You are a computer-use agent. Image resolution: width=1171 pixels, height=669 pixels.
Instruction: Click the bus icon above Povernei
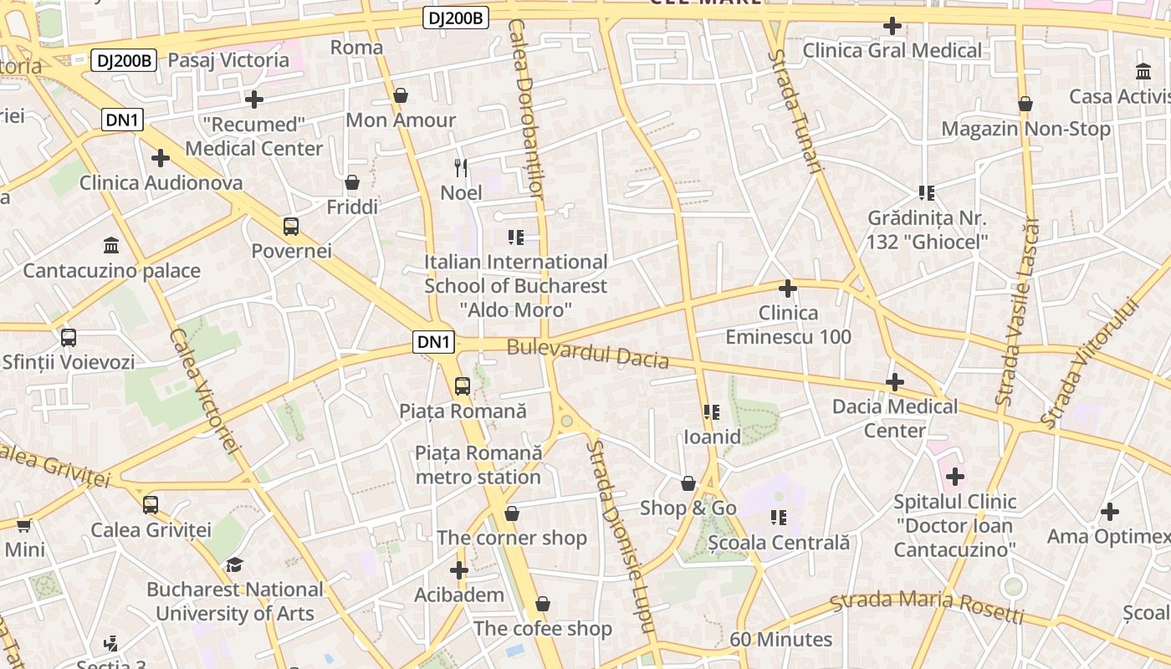(291, 226)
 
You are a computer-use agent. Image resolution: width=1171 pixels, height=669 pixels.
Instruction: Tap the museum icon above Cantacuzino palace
(111, 246)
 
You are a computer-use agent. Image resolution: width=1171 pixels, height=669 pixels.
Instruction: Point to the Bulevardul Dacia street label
(588, 354)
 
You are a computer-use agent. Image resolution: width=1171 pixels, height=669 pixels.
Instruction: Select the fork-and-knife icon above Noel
(461, 167)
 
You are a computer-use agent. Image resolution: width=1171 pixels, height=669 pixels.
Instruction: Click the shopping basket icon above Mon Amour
(401, 95)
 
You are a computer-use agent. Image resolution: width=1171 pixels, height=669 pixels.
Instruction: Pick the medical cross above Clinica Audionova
(161, 157)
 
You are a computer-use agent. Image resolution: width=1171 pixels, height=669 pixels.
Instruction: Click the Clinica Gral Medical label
(892, 51)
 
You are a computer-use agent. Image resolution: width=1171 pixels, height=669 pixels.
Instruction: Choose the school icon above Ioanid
(712, 411)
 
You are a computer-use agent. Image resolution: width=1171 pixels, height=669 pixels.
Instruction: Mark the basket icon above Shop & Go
(688, 483)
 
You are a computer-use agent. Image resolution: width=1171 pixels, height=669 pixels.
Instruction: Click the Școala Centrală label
(779, 543)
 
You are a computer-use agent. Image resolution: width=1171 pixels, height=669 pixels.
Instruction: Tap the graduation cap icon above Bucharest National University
(235, 564)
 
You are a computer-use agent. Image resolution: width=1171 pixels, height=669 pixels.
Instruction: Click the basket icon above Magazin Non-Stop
(1025, 105)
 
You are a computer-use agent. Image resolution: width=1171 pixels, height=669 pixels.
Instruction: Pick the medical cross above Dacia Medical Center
(895, 382)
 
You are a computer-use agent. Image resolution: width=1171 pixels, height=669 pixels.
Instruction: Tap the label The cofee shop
(543, 629)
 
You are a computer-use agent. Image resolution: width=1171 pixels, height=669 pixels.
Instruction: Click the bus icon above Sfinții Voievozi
(69, 338)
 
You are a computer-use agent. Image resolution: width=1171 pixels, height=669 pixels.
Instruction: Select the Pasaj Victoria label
(228, 60)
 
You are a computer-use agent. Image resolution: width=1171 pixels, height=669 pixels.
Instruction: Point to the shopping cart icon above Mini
(24, 525)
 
